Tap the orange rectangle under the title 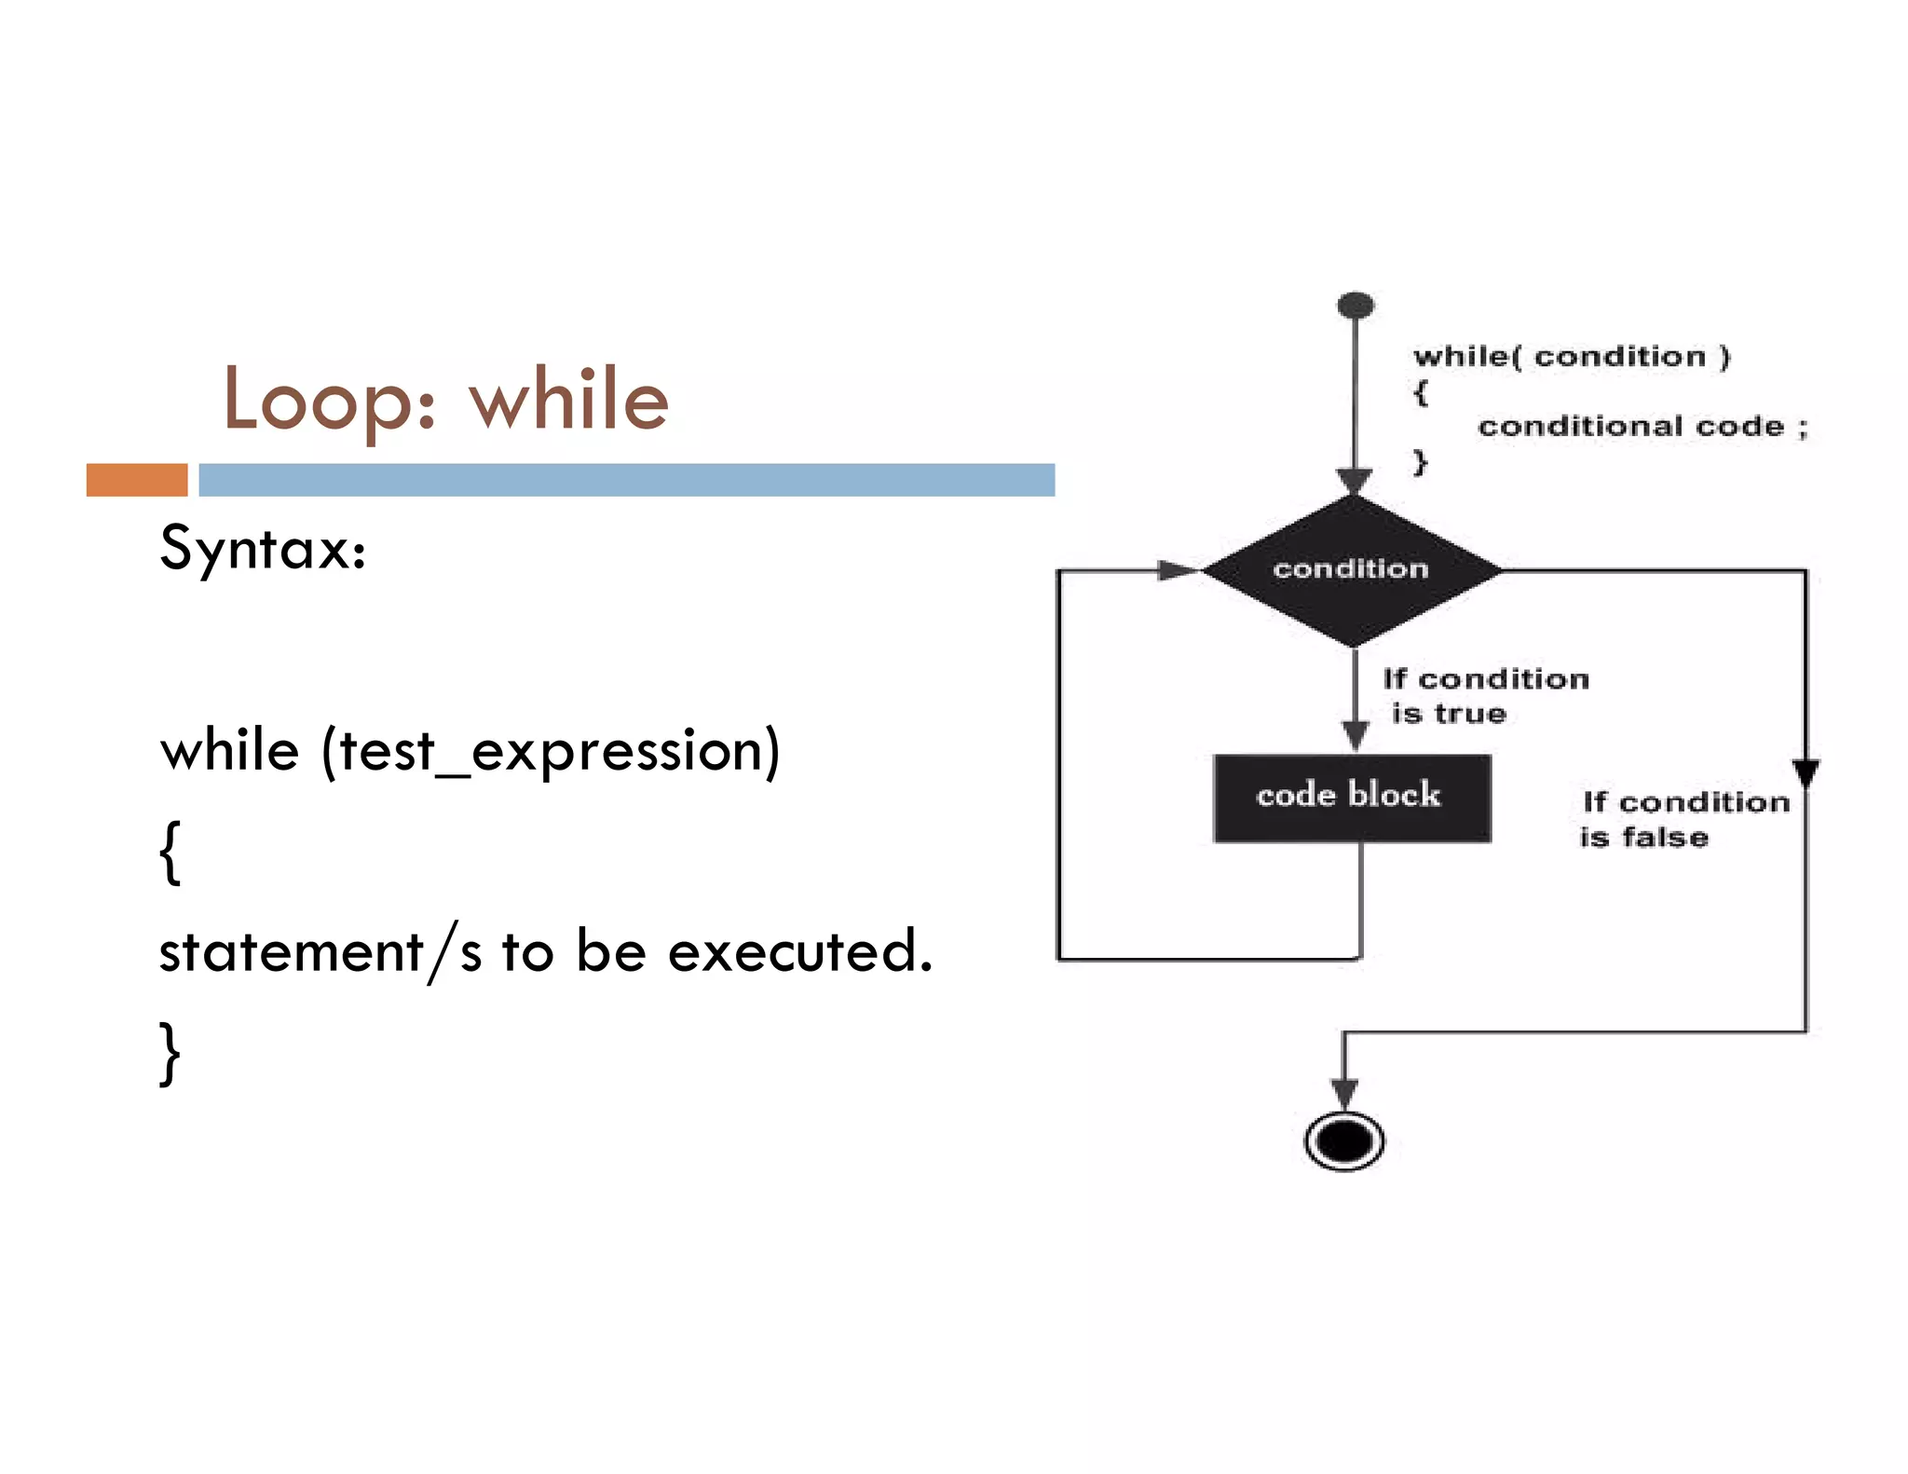pos(137,480)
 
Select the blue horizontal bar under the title pos(626,480)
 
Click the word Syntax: pos(263,549)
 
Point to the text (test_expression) pos(550,751)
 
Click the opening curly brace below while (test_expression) pos(170,852)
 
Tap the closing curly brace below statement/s pos(170,1053)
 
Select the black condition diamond pos(1351,569)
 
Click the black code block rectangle pos(1351,797)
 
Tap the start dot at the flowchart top pos(1356,305)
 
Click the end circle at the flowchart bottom pos(1343,1140)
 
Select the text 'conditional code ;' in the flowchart pos(1642,427)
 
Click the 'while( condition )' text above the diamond pos(1571,356)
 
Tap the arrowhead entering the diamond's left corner pos(1178,570)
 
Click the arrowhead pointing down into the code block pos(1356,734)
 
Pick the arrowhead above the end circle pos(1343,1092)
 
